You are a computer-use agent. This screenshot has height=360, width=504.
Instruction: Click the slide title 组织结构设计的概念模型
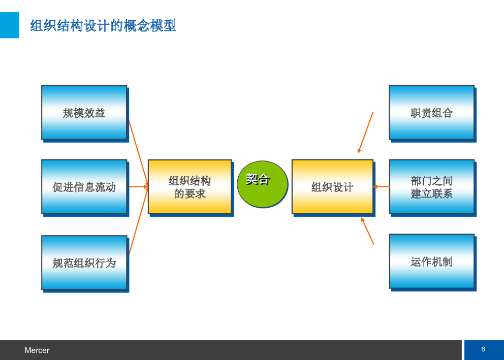click(x=103, y=26)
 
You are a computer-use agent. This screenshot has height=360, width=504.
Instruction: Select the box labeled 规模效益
click(x=84, y=113)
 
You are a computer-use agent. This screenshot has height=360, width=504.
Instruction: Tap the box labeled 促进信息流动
click(x=84, y=187)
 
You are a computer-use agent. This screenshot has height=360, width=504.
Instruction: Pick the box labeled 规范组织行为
click(x=84, y=262)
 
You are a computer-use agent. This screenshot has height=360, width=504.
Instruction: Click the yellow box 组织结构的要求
click(x=189, y=187)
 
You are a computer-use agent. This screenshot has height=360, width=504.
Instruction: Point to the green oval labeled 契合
click(x=262, y=184)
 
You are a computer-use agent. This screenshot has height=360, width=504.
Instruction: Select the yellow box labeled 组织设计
click(x=332, y=187)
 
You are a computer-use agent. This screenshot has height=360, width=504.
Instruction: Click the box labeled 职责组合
click(x=431, y=113)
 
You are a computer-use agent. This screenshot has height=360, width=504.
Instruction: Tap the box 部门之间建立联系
click(x=431, y=187)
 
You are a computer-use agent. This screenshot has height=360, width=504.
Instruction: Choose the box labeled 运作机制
click(x=431, y=261)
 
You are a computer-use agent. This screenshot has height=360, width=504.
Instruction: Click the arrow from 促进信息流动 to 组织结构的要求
click(x=138, y=187)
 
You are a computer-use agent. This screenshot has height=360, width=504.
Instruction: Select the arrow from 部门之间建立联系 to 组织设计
click(x=381, y=187)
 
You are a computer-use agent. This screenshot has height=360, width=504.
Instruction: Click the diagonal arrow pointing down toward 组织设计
click(x=366, y=132)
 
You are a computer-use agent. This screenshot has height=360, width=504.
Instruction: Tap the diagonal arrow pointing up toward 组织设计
click(x=368, y=231)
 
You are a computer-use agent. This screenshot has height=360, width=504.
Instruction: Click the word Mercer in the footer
click(x=37, y=351)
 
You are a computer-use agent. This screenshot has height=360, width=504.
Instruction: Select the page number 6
click(x=483, y=349)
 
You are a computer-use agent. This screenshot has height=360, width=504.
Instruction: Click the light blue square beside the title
click(x=9, y=25)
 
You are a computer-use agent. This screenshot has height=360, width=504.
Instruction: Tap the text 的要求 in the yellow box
click(x=189, y=194)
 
